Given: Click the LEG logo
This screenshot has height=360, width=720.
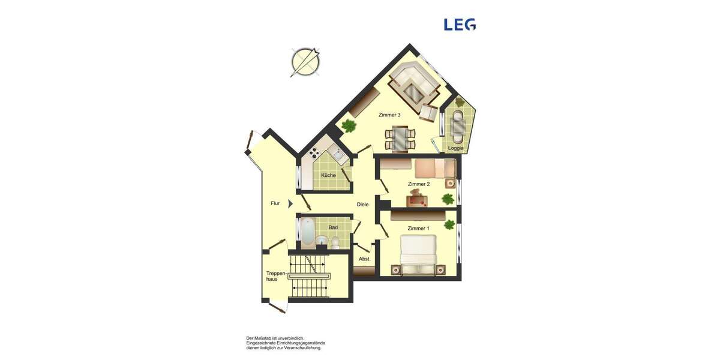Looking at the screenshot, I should tap(459, 24).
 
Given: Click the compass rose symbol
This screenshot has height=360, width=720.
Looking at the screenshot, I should tap(305, 61).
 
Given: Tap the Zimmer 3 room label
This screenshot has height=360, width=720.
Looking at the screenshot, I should tap(389, 115).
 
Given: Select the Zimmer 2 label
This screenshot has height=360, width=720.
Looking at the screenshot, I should tap(418, 184).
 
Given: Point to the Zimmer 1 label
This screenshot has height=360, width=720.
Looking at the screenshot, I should tap(418, 229).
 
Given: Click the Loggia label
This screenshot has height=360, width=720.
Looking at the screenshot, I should tap(455, 148).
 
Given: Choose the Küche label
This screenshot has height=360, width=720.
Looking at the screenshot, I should tap(328, 175).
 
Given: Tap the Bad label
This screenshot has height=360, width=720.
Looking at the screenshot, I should tap(333, 227).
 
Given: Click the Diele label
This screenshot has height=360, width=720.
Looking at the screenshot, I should tap(362, 205).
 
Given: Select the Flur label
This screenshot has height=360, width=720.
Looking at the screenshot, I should tap(275, 203).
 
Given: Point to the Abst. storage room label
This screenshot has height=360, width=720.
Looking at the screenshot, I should tap(365, 259).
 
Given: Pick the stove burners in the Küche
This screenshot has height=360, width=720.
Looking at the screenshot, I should tap(313, 153).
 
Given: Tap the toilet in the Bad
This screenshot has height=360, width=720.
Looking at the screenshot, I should tap(335, 242).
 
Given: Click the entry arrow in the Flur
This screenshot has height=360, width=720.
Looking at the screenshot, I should tap(290, 203).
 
